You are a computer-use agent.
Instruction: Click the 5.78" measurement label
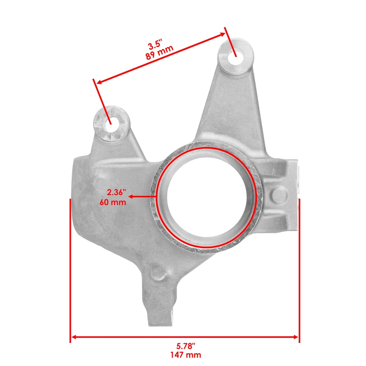pyautogui.click(x=186, y=346)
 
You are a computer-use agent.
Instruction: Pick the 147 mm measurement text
pyautogui.click(x=186, y=355)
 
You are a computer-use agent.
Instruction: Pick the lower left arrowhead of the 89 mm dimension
pyautogui.click(x=98, y=82)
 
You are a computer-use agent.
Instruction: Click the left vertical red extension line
pyautogui.click(x=71, y=267)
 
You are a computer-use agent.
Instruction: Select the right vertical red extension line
pyautogui.click(x=299, y=267)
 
